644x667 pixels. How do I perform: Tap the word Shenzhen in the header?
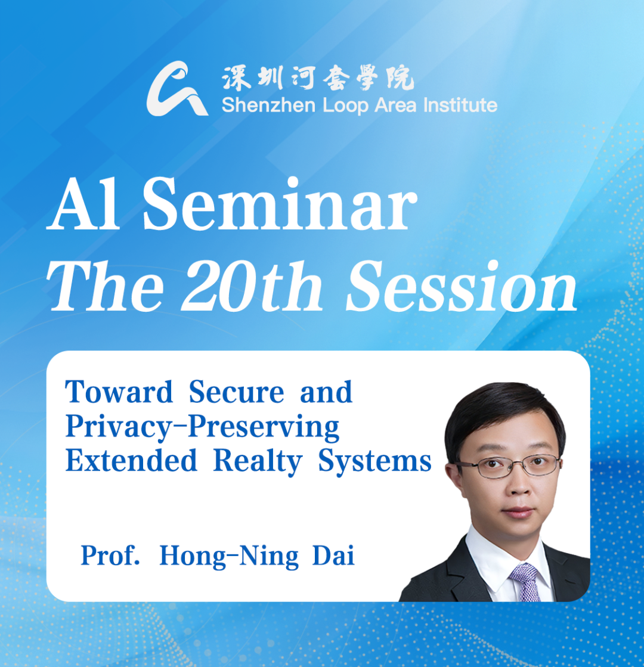268,105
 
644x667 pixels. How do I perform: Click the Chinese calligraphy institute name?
318,78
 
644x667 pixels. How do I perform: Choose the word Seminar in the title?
280,204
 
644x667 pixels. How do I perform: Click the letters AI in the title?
83,204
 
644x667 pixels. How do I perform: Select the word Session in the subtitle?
462,286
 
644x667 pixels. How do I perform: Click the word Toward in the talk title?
119,392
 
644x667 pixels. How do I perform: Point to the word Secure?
236,392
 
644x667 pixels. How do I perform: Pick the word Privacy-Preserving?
202,427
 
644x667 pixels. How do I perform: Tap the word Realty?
258,461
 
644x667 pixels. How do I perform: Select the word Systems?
375,461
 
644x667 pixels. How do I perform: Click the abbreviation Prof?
110,555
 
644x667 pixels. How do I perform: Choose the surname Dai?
333,555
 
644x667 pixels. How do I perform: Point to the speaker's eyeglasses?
508,466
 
